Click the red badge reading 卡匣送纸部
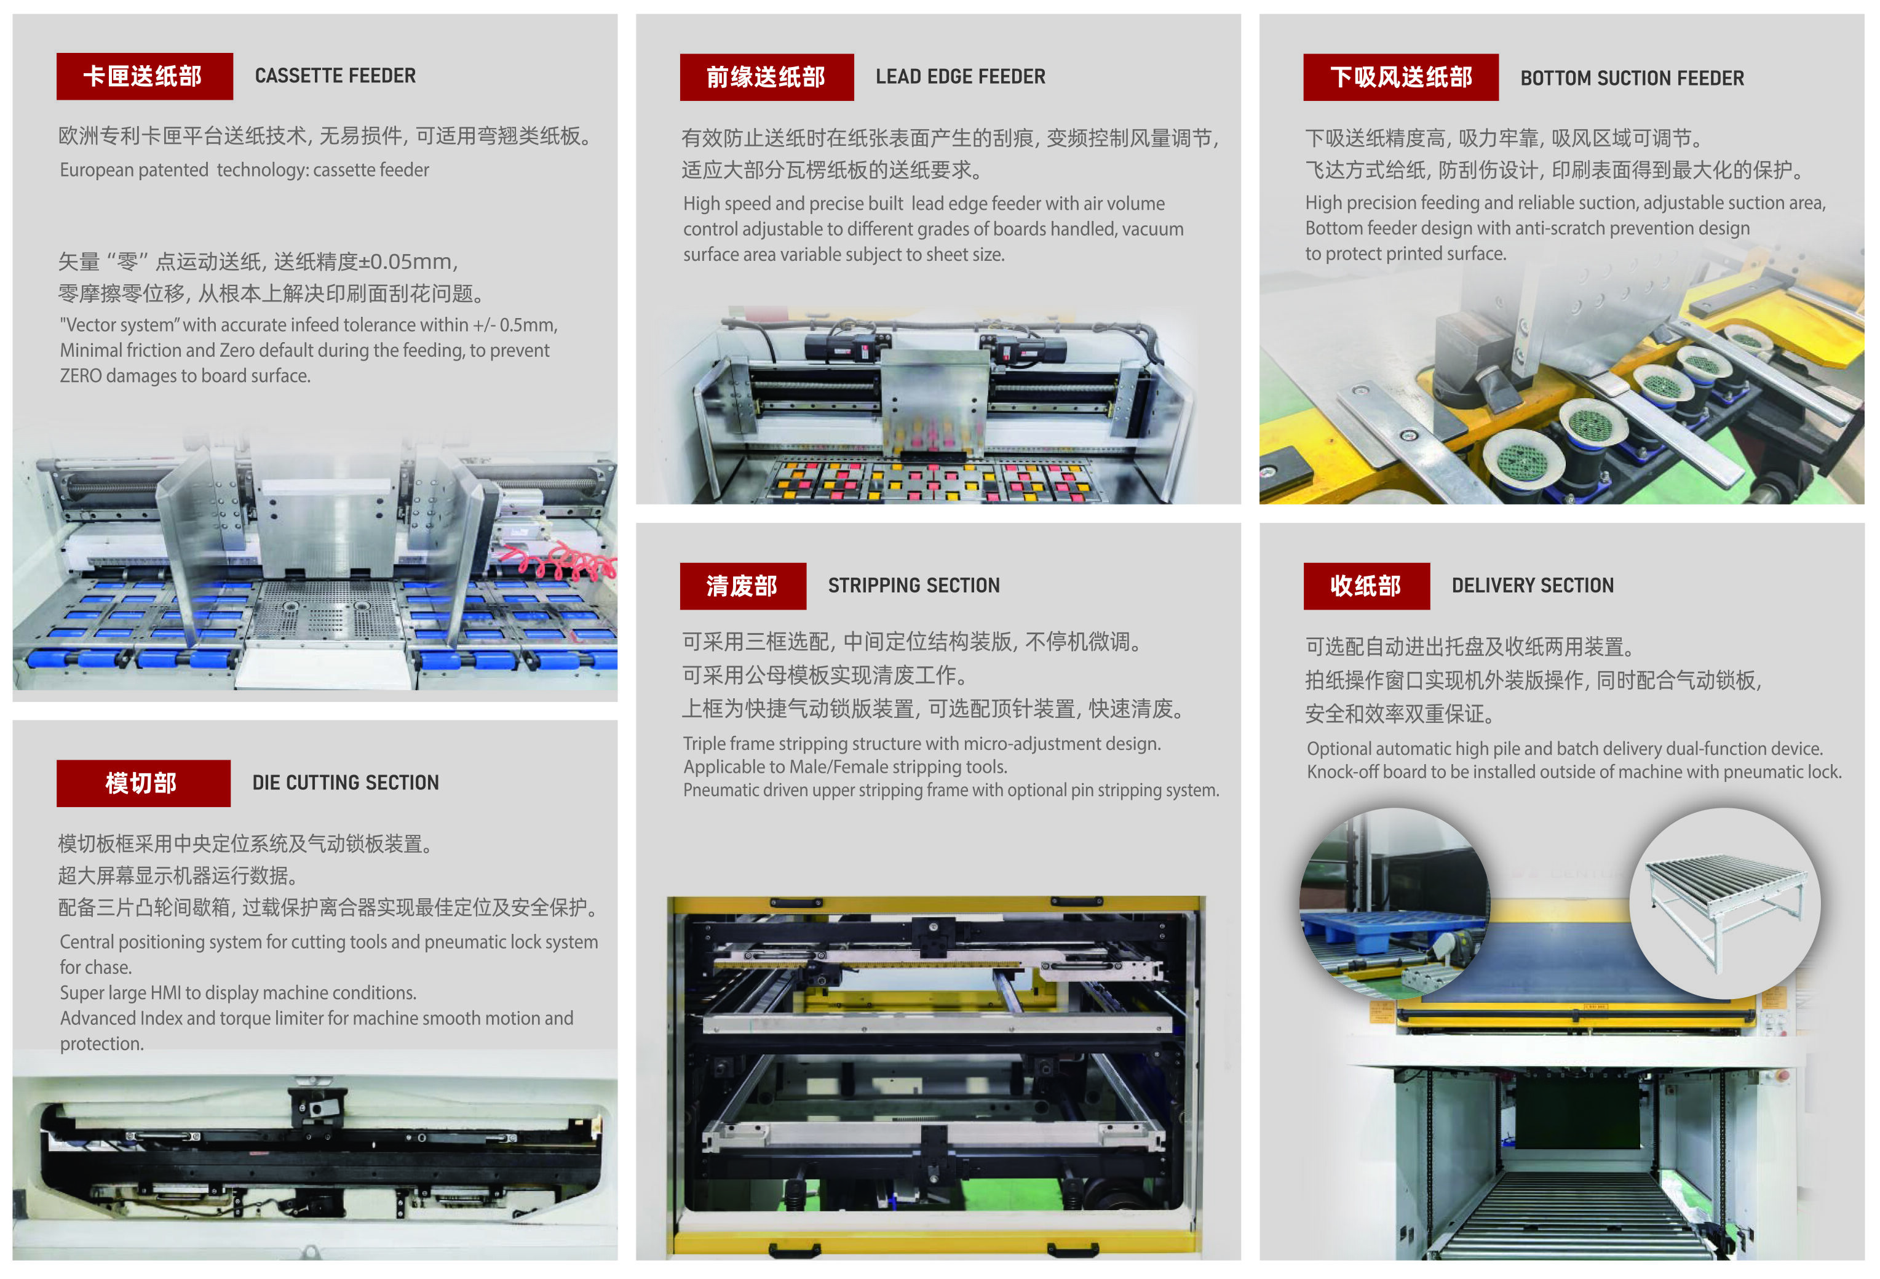pyautogui.click(x=145, y=77)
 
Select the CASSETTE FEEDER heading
pyautogui.click(x=336, y=76)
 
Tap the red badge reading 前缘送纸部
pyautogui.click(x=767, y=78)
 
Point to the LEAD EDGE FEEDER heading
pyautogui.click(x=960, y=77)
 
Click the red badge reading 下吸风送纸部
pyautogui.click(x=1401, y=78)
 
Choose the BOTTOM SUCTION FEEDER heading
pyautogui.click(x=1632, y=79)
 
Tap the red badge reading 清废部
pyautogui.click(x=744, y=586)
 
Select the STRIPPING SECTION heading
pyautogui.click(x=914, y=586)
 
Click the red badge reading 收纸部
pyautogui.click(x=1367, y=586)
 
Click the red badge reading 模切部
pyautogui.click(x=144, y=784)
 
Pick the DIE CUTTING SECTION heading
pyautogui.click(x=346, y=783)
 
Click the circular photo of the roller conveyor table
pyautogui.click(x=1724, y=904)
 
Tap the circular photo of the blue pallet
pyautogui.click(x=1395, y=904)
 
